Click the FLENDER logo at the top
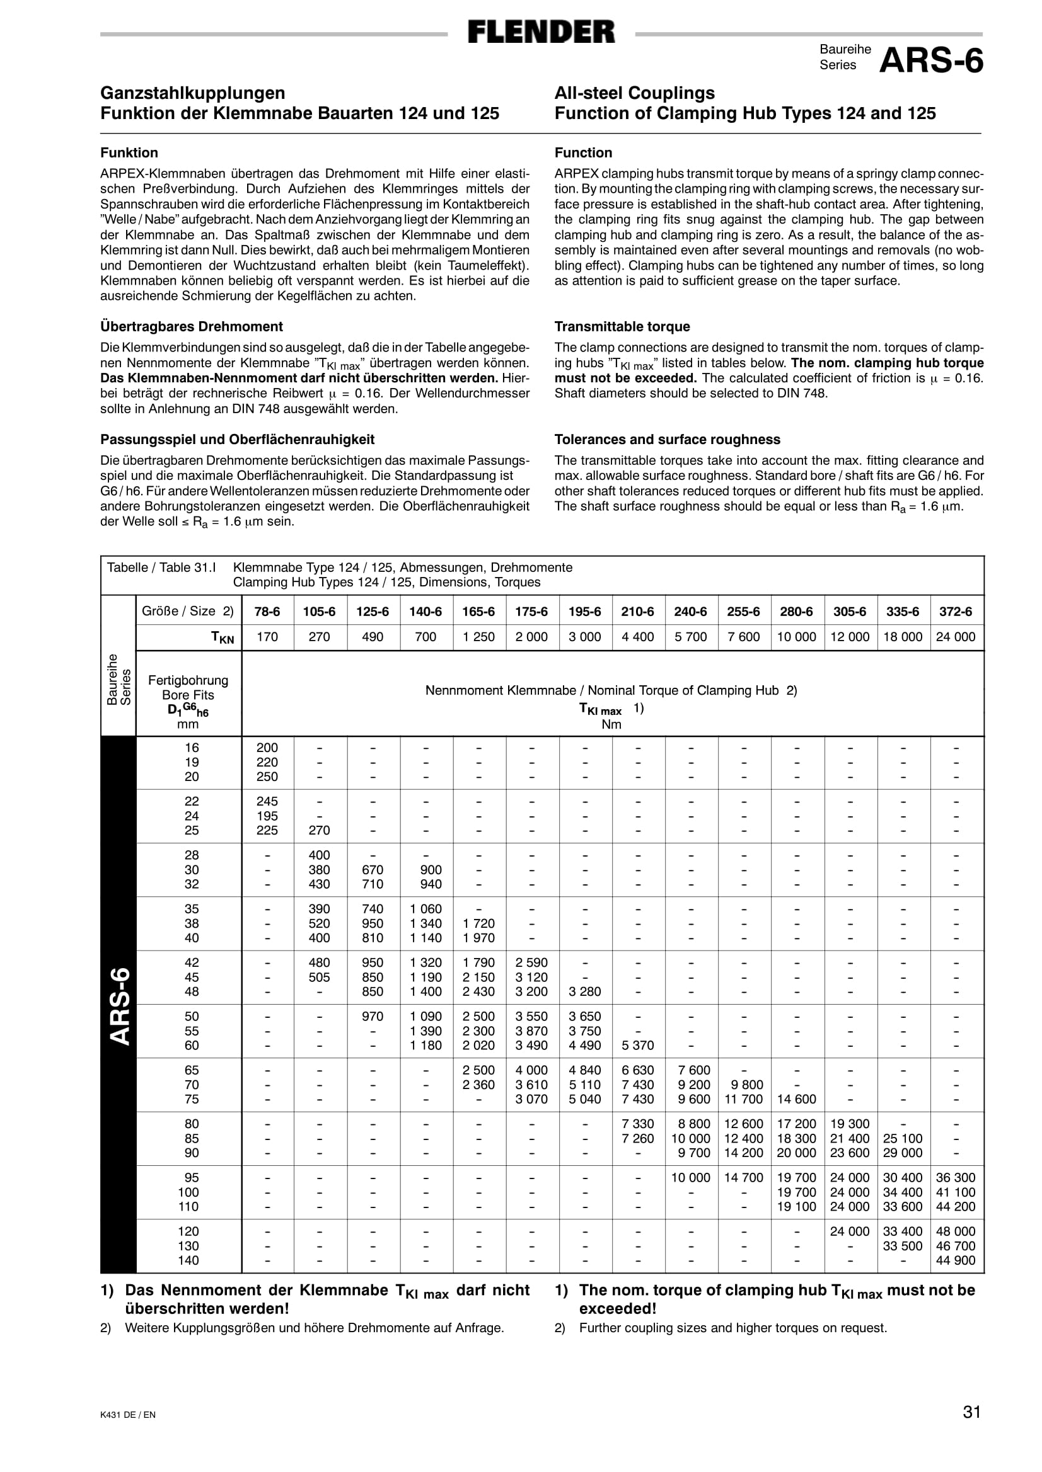click(541, 32)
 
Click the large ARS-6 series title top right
click(931, 62)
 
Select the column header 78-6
click(267, 612)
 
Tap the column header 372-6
click(956, 612)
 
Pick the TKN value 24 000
click(956, 637)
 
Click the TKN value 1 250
click(478, 637)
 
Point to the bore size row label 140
click(188, 1260)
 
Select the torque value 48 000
click(956, 1231)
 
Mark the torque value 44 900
click(956, 1260)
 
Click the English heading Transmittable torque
click(622, 326)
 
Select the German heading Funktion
click(129, 152)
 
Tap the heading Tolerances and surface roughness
click(668, 439)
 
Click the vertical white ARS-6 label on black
click(119, 1006)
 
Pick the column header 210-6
click(638, 612)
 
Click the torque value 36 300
click(956, 1177)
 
